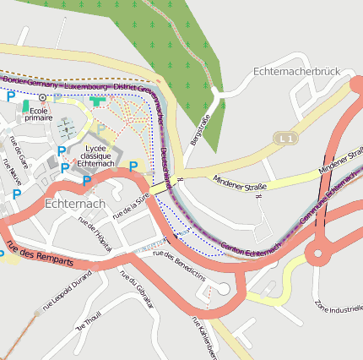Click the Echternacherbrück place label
click(x=295, y=72)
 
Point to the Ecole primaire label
click(x=39, y=114)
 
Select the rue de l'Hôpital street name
click(x=94, y=229)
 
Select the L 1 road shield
click(x=286, y=137)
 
